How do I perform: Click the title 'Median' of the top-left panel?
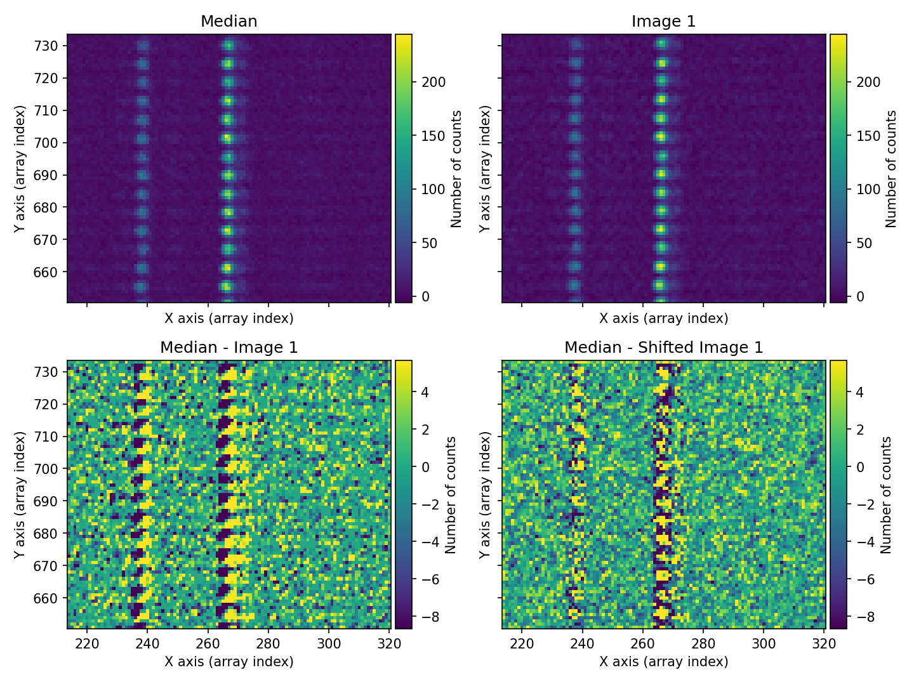228,22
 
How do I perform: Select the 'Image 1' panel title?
663,22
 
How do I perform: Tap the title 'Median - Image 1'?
228,348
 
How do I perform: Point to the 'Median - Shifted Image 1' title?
663,348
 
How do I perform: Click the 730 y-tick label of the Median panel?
50,46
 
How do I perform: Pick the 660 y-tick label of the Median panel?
50,272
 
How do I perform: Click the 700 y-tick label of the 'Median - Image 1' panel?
50,469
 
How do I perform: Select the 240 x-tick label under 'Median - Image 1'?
147,643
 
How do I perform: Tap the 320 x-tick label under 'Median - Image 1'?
389,643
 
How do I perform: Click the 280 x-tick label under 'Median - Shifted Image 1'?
703,643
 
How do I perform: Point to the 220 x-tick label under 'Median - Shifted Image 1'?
522,643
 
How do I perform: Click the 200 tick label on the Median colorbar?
434,82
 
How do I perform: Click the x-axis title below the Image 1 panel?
663,319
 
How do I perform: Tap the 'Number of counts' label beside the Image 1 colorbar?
891,169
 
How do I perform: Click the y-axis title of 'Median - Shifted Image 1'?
485,495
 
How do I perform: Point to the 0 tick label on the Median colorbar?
425,297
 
